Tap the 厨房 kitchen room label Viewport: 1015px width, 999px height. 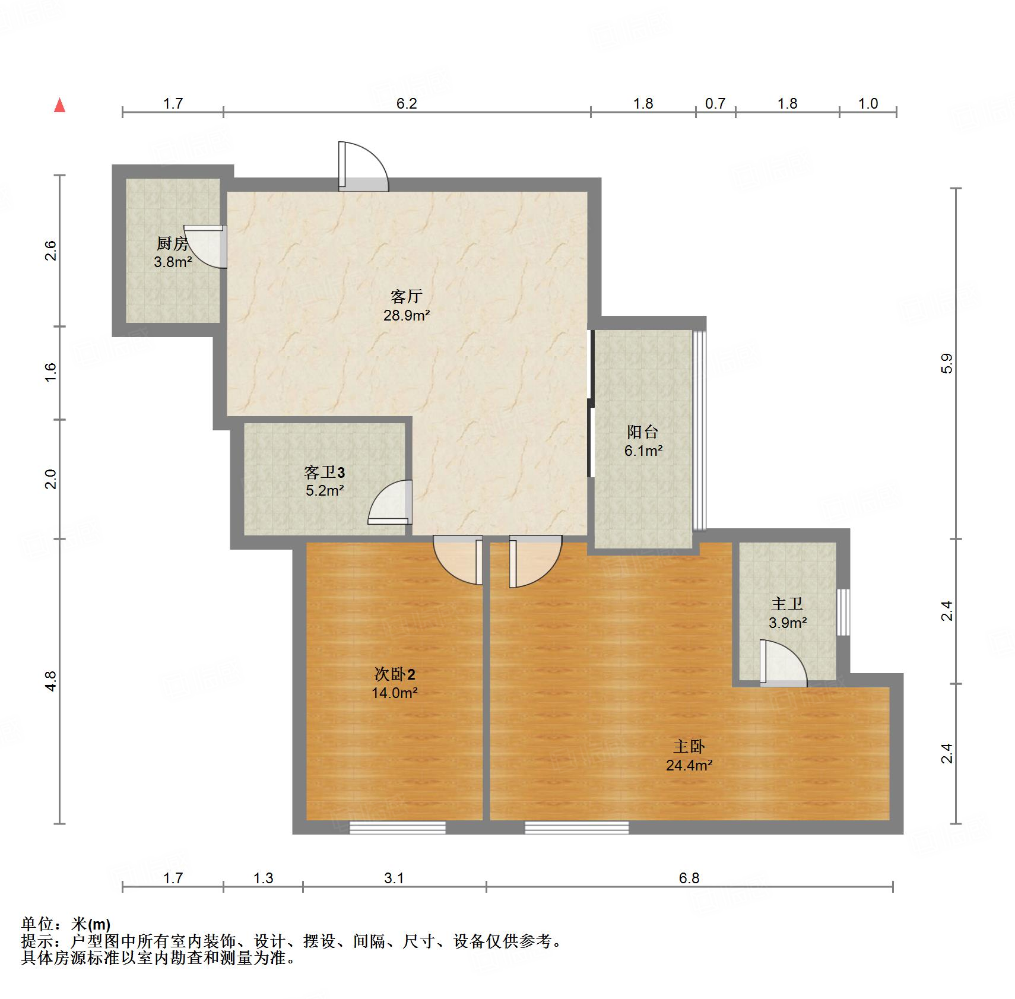coord(172,243)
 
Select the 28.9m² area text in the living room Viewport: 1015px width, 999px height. coord(407,315)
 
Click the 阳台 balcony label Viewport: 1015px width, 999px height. coord(643,432)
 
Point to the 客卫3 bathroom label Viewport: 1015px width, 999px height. coord(324,472)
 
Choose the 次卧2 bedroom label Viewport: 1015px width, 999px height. coord(395,674)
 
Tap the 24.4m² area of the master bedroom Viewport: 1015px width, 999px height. coord(689,765)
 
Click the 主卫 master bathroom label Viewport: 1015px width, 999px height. coord(787,604)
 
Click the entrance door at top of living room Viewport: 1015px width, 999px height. coord(363,167)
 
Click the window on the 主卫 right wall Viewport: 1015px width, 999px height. coord(842,612)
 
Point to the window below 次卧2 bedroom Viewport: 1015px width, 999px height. coord(397,827)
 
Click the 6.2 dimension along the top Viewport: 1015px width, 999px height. coord(407,103)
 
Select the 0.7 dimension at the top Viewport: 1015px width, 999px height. coord(715,103)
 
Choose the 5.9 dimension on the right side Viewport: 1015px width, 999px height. coord(947,363)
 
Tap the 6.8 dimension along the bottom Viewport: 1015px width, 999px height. coord(689,877)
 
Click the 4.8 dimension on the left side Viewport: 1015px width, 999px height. coord(52,680)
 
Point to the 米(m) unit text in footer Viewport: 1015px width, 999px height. coord(91,924)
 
